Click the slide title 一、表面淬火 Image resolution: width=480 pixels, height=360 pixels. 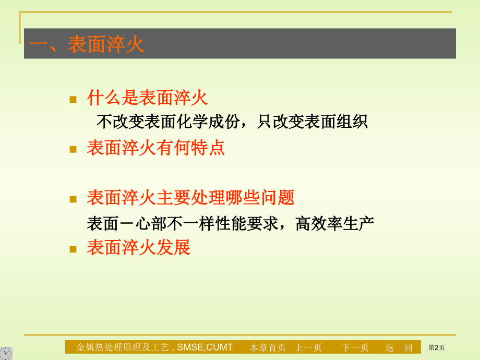click(87, 44)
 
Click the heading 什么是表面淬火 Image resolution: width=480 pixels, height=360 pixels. click(148, 98)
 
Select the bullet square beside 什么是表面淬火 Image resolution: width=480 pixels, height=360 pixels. click(73, 99)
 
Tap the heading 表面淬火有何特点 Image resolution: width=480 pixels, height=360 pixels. click(156, 148)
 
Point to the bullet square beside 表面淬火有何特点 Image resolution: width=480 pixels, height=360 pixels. click(73, 149)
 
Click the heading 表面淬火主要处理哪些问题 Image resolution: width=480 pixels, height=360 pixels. click(191, 197)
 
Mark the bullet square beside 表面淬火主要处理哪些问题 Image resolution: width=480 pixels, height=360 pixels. click(73, 199)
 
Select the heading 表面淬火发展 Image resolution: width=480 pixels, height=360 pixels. click(139, 247)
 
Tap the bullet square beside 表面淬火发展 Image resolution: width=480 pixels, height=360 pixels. click(73, 249)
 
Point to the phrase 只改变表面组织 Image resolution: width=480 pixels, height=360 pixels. click(312, 122)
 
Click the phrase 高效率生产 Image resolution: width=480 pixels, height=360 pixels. click(335, 223)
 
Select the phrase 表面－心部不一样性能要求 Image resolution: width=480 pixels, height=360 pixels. click(183, 223)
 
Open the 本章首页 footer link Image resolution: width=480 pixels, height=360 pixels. click(268, 347)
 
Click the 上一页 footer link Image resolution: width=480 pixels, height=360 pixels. click(308, 347)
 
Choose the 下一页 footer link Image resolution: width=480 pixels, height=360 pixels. click(355, 347)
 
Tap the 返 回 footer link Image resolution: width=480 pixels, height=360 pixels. click(399, 347)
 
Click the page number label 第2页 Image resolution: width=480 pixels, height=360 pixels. click(437, 347)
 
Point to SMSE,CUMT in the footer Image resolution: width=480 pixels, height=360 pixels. click(205, 347)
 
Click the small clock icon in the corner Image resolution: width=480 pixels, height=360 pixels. click(6, 354)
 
